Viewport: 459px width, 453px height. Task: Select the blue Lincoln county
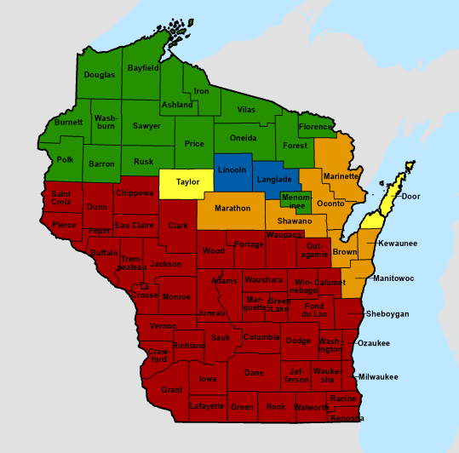pyautogui.click(x=232, y=170)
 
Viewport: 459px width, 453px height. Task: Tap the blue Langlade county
pyautogui.click(x=275, y=181)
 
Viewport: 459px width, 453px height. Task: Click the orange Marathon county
pyautogui.click(x=232, y=209)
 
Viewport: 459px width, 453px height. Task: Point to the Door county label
pyautogui.click(x=410, y=197)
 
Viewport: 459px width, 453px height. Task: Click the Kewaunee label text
pyautogui.click(x=398, y=244)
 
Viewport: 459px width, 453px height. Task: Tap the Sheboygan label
pyautogui.click(x=387, y=314)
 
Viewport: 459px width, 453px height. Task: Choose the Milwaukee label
pyautogui.click(x=378, y=376)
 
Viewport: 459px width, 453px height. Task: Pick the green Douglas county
pyautogui.click(x=100, y=75)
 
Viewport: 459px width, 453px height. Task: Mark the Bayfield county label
pyautogui.click(x=143, y=67)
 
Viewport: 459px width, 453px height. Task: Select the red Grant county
pyautogui.click(x=172, y=390)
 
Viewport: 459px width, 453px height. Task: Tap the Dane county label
pyautogui.click(x=254, y=373)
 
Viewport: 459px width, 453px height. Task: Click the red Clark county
pyautogui.click(x=178, y=226)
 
